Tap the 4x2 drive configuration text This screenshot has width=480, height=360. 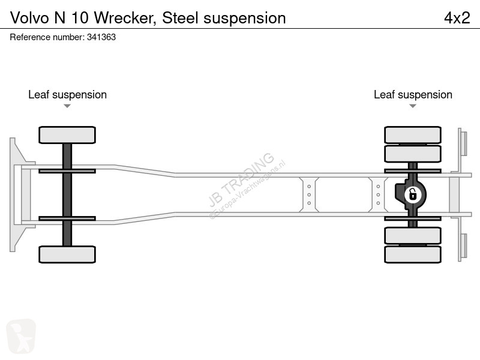[457, 17]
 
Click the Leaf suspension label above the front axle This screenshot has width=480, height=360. [67, 95]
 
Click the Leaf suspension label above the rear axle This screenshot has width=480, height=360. [413, 95]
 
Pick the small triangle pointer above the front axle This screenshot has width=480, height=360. [67, 106]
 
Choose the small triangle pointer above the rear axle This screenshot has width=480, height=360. [413, 106]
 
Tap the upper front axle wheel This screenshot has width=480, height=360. [67, 135]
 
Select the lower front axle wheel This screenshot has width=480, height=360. [67, 254]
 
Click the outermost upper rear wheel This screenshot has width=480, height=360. [413, 135]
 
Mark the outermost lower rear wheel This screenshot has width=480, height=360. [413, 254]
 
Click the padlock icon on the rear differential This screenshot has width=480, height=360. [413, 194]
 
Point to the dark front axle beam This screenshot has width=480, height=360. [67, 194]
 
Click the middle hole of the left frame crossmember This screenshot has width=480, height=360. [309, 194]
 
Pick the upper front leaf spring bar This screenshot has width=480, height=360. [67, 171]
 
